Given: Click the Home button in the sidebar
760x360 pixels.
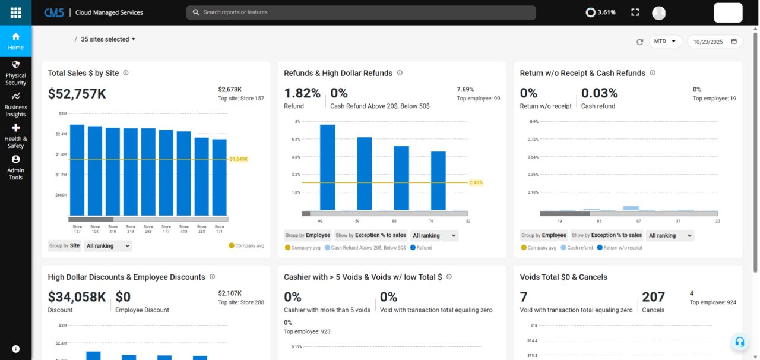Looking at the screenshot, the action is pos(15,41).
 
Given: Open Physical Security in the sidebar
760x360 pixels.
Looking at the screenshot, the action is pos(15,73).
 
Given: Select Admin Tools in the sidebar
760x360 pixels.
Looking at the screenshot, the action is pos(15,168).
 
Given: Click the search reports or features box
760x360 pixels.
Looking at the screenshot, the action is pos(361,12).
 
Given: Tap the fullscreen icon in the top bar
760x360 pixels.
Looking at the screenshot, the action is pos(635,12).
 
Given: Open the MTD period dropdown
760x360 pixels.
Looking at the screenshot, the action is pos(665,42).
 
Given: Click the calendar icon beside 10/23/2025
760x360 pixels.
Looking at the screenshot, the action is pos(734,42).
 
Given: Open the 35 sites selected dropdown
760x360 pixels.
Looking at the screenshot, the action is pos(108,39).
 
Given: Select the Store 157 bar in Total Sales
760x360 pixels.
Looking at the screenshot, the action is pos(77,170).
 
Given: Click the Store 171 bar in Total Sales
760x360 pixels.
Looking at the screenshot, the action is pos(220,177).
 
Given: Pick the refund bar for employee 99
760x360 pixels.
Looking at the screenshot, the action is pos(327,167).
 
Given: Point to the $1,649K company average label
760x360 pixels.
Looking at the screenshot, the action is pos(239,159).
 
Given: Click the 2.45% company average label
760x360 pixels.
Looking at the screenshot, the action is pos(476,183).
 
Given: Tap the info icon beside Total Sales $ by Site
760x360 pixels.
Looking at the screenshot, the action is pos(126,73).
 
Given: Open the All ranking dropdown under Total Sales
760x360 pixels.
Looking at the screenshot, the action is pos(108,246).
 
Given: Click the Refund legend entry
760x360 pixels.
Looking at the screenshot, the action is pos(421,248).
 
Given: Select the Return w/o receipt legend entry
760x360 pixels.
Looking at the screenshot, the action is pos(620,248).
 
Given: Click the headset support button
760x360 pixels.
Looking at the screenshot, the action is pos(740,342).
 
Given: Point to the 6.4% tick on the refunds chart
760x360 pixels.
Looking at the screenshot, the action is pos(296,139).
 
